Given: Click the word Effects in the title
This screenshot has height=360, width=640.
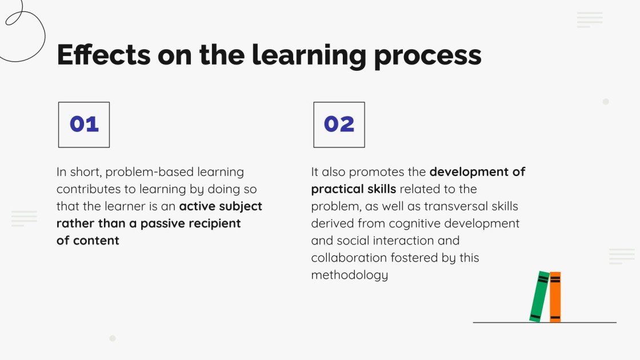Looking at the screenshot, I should (x=103, y=55).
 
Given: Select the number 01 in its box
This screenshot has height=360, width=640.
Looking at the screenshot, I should (x=84, y=125).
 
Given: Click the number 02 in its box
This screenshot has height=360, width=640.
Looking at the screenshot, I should (x=339, y=125).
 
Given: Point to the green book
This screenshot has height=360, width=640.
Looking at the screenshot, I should (x=539, y=297).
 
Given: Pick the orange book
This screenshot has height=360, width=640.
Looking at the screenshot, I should (x=555, y=297).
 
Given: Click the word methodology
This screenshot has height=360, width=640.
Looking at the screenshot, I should (x=350, y=275).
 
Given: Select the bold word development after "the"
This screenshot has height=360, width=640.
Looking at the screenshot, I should (x=470, y=172).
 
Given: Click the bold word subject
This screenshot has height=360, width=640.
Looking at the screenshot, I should (x=236, y=206).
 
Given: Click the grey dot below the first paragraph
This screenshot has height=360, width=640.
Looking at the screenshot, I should (x=113, y=338).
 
